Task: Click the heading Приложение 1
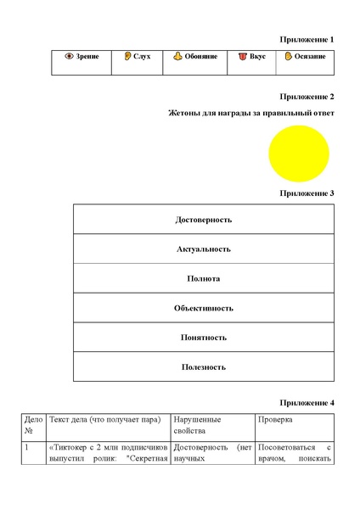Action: (307, 40)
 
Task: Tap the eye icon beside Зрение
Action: (70, 57)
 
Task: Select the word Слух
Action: (142, 57)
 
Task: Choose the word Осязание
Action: (310, 57)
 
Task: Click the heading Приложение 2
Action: (307, 97)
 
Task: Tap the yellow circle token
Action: (298, 154)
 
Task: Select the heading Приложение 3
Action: (307, 193)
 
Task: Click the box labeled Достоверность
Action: (204, 220)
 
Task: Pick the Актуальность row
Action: (204, 249)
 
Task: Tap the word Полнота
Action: (204, 278)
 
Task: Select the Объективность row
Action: (204, 308)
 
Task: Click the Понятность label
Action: (204, 338)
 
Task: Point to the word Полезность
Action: (204, 367)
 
